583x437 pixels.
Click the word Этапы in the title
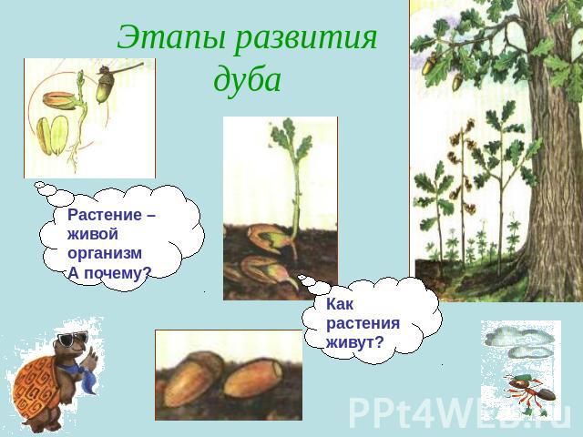(x=171, y=38)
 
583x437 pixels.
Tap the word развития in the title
(x=306, y=38)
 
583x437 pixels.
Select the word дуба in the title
(x=247, y=79)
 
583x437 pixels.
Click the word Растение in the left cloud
(x=105, y=215)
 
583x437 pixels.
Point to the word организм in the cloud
(x=105, y=254)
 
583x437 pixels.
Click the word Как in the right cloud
(x=340, y=304)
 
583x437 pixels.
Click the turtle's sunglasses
(x=72, y=339)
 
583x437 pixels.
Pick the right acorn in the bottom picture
(x=253, y=378)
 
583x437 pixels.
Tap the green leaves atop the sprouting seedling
(x=291, y=138)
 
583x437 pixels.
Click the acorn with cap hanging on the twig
(x=104, y=86)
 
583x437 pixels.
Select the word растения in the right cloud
(x=363, y=324)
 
